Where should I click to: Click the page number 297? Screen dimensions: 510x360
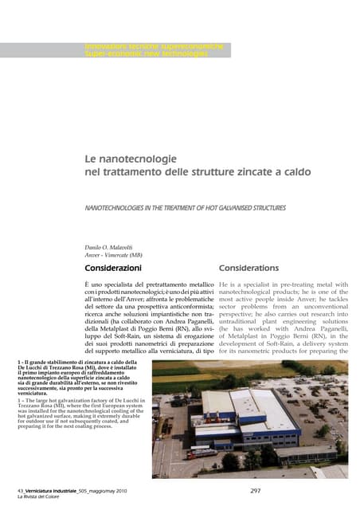click(256, 489)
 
